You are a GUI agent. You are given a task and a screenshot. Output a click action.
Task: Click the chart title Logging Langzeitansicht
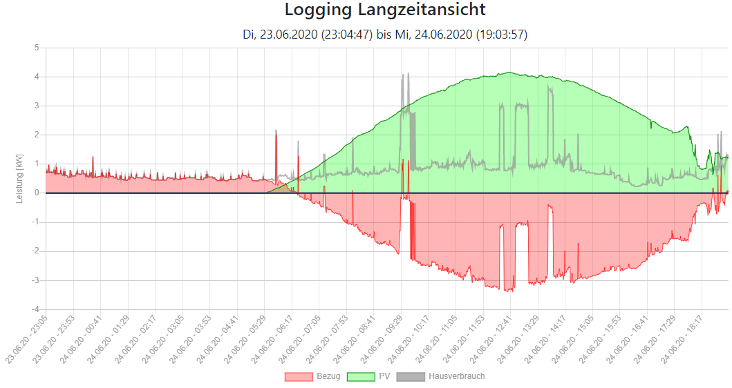pyautogui.click(x=385, y=10)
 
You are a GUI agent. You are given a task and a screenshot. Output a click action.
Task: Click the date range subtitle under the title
pyautogui.click(x=385, y=34)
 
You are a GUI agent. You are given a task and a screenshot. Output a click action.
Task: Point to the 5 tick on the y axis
pyautogui.click(x=37, y=48)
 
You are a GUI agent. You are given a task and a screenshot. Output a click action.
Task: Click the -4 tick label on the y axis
pyautogui.click(x=35, y=309)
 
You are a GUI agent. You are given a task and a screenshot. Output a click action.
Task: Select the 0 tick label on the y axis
pyautogui.click(x=37, y=193)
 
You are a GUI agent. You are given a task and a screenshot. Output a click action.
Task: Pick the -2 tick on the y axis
pyautogui.click(x=35, y=251)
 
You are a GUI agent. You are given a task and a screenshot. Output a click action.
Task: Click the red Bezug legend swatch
pyautogui.click(x=299, y=377)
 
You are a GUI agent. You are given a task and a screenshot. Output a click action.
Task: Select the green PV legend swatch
pyautogui.click(x=361, y=377)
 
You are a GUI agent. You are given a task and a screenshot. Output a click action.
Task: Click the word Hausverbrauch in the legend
pyautogui.click(x=457, y=377)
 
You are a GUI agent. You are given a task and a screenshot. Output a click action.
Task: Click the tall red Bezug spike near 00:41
pyautogui.click(x=93, y=157)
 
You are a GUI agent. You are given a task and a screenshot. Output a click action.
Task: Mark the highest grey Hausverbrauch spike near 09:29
pyautogui.click(x=408, y=74)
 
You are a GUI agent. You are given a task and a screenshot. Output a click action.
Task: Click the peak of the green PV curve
pyautogui.click(x=508, y=72)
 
